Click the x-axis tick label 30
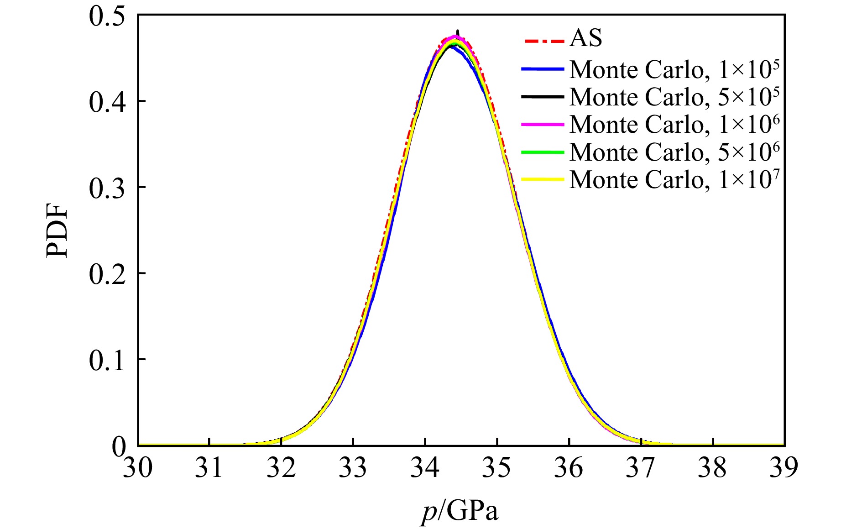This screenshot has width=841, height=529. coord(137,468)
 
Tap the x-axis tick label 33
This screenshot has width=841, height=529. coord(353,468)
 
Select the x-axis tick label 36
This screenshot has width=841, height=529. coord(569,468)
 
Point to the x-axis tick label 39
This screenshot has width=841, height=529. coord(784,468)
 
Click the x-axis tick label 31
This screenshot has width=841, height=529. coord(209,468)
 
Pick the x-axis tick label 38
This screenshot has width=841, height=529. coord(712,468)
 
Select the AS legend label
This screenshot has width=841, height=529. coord(586,38)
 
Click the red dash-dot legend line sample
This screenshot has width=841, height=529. coord(543,42)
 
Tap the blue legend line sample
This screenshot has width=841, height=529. coord(543,69)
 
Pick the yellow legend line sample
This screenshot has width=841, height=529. coord(543,179)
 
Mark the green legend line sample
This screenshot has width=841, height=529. coord(543,152)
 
